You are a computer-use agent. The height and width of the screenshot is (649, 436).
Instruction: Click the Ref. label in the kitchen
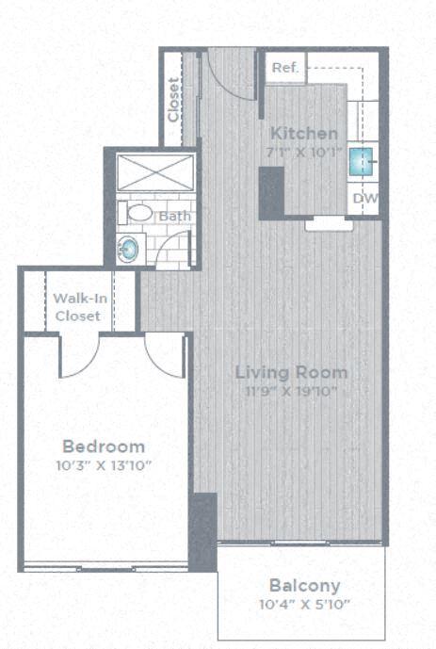pos(283,69)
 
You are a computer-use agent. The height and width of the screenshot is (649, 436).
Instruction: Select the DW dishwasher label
pos(365,199)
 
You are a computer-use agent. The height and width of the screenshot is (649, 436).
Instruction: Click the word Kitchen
pos(303,134)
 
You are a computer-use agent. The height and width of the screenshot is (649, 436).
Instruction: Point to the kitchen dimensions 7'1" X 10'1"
pos(303,153)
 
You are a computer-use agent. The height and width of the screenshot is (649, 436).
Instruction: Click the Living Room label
pos(291,372)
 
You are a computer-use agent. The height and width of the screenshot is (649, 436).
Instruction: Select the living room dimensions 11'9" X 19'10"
pos(291,391)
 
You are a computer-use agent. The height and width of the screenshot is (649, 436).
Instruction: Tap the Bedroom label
pos(104,446)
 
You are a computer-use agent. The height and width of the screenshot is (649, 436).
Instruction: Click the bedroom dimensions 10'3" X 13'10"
pos(104,465)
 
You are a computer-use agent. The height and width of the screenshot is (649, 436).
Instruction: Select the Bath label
pos(174,217)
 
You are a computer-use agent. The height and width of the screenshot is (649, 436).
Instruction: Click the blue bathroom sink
pos(127,249)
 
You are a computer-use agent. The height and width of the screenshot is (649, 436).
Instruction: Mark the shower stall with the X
pos(154,173)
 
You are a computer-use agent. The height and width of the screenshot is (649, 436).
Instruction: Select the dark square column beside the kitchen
pos(271,193)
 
